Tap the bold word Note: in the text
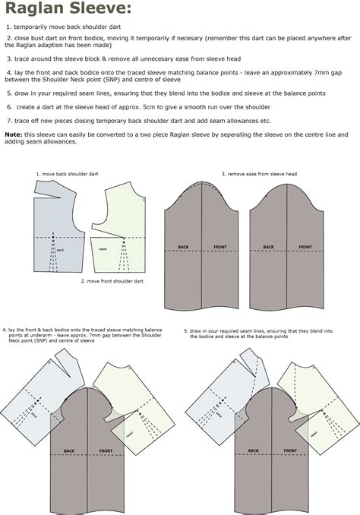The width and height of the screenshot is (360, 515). pos(13,134)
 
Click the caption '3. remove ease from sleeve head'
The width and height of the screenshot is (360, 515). pos(258,174)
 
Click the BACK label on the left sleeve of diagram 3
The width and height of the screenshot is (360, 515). pos(183,247)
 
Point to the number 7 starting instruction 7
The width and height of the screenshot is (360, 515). pos(7,121)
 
